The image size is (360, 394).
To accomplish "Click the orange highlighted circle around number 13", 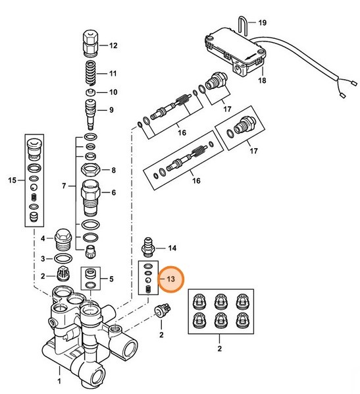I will [x=171, y=279].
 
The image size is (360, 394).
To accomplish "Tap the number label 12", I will [x=113, y=45].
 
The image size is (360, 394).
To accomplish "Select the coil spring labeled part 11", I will [x=91, y=72].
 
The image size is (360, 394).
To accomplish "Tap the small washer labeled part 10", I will [x=91, y=92].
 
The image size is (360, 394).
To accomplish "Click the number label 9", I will [x=111, y=109].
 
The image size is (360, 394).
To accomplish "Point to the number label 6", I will [x=113, y=192].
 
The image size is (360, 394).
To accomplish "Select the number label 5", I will [x=111, y=279].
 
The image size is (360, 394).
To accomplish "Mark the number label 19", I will [x=262, y=23].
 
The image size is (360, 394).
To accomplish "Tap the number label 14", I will [x=172, y=248].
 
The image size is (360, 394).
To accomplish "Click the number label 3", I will [x=43, y=258].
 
